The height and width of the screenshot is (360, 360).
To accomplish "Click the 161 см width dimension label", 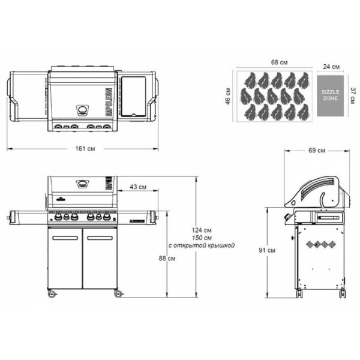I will point(84,147).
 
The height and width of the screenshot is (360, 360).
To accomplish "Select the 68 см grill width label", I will point(277,62).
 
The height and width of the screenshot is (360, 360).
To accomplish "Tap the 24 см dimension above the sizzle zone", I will point(332,66).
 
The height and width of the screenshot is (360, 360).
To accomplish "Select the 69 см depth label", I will point(317,150).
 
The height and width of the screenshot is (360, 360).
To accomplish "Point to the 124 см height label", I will point(202,230).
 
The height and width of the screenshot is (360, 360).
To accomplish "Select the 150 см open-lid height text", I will point(202,238).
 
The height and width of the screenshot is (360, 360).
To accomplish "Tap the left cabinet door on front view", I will point(64,261).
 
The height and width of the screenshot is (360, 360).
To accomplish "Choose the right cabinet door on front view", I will point(100,261).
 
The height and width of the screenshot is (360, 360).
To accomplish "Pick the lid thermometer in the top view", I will point(82,110).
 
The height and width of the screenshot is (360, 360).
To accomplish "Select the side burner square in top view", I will point(133,96).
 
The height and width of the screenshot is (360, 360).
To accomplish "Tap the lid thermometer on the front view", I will point(82,184).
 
